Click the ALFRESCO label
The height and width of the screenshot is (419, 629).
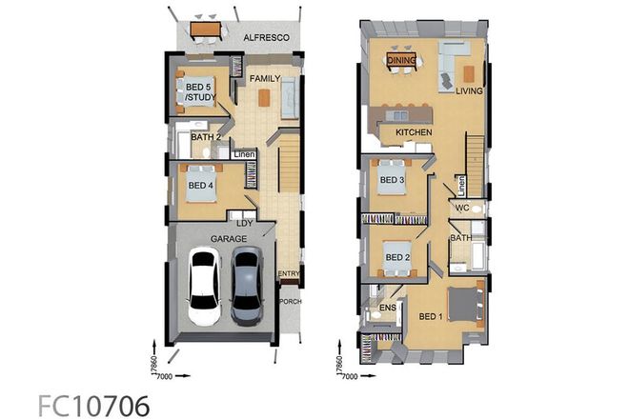[x=266, y=37]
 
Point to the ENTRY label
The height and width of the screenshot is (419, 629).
[x=288, y=274]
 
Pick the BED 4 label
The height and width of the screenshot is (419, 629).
[x=199, y=185]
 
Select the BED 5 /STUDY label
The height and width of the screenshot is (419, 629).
[x=199, y=92]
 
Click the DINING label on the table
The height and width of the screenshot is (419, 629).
[x=401, y=60]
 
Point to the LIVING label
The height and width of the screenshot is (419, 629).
[x=469, y=92]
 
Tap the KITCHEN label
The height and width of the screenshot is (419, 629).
[x=416, y=132]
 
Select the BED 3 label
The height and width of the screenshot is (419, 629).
[x=390, y=180]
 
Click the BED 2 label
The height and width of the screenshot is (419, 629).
[x=397, y=257]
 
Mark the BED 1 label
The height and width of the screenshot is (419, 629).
[x=432, y=317]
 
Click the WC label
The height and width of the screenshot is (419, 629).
[x=461, y=208]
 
